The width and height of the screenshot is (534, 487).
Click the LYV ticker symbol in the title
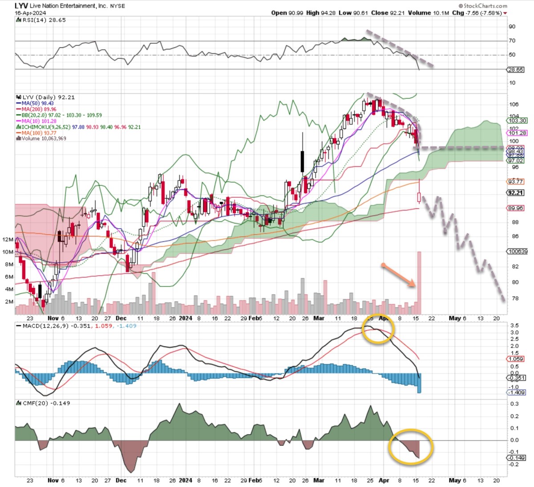pos(23,6)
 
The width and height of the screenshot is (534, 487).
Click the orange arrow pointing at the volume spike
pos(399,274)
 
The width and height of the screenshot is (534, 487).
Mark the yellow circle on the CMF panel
pos(411,446)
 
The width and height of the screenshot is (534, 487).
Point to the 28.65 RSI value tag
pos(516,70)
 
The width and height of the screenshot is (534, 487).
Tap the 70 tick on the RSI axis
pos(512,41)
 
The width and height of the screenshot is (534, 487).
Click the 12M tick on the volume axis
pos(8,240)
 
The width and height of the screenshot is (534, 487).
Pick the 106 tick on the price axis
pos(514,105)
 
